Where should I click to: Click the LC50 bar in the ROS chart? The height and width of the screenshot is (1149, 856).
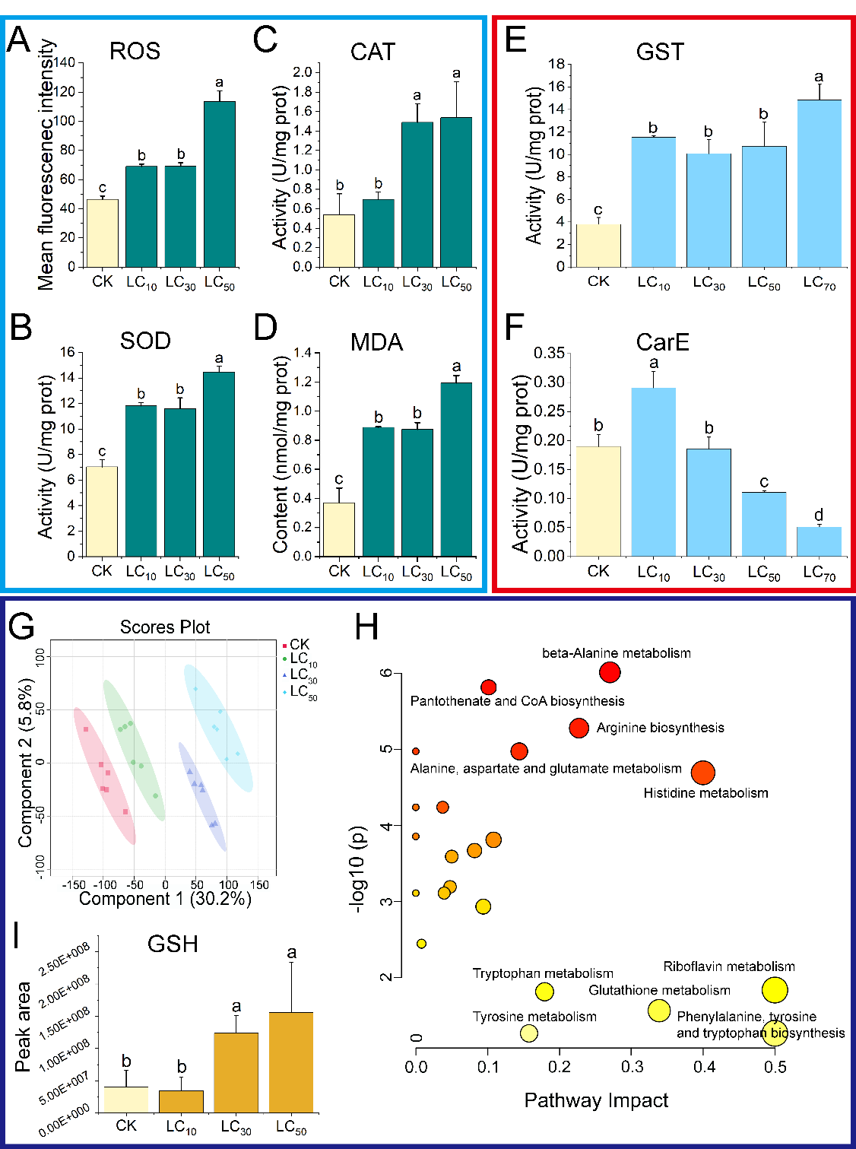[219, 184]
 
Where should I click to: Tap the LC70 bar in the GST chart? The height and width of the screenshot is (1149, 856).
[819, 183]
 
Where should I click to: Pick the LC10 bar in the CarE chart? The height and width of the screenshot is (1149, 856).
[653, 472]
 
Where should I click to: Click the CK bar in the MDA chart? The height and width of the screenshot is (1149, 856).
[339, 529]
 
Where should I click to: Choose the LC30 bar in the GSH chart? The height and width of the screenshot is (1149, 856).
[236, 1073]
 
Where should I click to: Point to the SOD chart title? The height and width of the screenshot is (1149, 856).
[145, 341]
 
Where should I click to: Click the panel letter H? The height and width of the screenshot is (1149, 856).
[366, 629]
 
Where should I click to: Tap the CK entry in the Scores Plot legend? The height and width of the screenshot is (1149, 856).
[299, 645]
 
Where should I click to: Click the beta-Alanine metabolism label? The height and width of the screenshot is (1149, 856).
[616, 653]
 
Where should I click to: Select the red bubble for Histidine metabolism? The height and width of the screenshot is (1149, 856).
[703, 773]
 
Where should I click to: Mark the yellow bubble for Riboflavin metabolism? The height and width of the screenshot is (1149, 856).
[775, 990]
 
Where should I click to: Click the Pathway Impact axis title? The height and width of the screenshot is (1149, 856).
[596, 1100]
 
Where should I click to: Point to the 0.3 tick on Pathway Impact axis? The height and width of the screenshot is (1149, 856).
[632, 1068]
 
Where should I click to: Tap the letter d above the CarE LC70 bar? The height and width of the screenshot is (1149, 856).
[819, 516]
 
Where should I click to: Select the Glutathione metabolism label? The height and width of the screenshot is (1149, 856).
[659, 990]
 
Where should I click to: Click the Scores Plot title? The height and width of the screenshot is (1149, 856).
[165, 627]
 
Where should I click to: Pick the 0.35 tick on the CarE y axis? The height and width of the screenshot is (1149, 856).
[549, 354]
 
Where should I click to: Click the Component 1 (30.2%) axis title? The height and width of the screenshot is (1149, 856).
[165, 899]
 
